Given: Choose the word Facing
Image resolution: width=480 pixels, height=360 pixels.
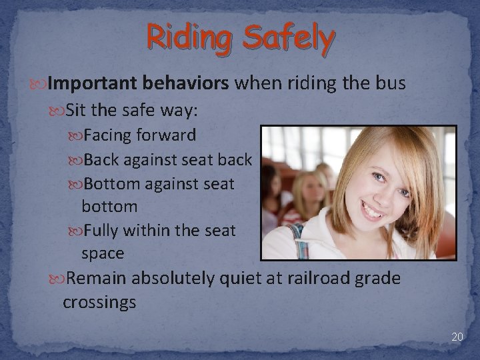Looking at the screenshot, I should (x=109, y=135).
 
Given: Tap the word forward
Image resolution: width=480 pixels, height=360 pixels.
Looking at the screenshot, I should (x=166, y=135).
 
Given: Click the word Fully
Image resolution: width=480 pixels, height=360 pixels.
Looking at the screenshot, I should (x=103, y=231).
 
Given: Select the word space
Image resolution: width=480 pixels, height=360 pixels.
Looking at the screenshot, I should (x=103, y=253).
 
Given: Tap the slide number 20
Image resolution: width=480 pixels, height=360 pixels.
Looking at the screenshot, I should (x=457, y=337).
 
